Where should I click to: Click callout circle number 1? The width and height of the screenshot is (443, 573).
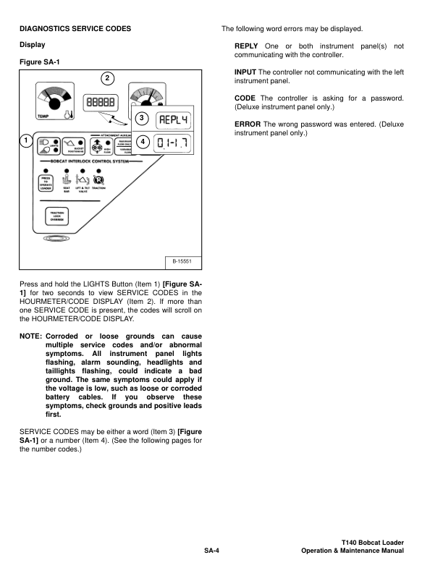25,140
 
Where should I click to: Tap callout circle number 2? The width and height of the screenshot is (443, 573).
108,78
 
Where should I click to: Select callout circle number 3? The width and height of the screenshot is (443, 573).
142,118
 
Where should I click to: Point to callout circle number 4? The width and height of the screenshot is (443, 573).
142,142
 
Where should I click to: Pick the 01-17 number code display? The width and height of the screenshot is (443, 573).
173,143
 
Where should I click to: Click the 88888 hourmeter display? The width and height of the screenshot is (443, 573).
100,103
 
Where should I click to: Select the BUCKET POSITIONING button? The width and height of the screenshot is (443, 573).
71,145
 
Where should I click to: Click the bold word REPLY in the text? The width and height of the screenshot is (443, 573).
246,46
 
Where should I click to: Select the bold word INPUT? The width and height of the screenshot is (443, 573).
245,72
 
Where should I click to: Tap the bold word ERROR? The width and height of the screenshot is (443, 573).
247,124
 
